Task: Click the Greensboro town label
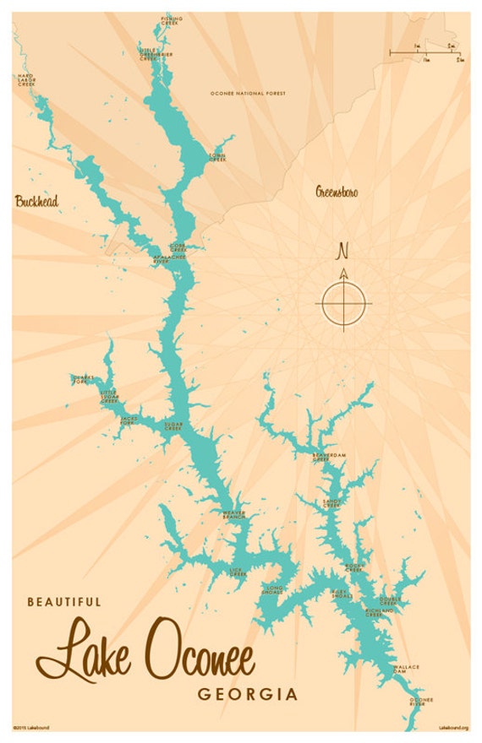click(337, 193)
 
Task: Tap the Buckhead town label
click(36, 202)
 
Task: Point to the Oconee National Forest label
click(248, 94)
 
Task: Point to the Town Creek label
click(217, 158)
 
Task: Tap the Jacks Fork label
click(129, 420)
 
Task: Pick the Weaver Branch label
click(233, 514)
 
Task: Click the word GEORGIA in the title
click(248, 695)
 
